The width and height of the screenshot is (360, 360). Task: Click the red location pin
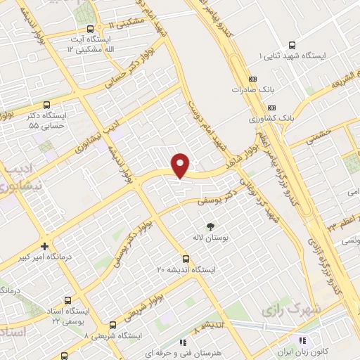tap(181, 165)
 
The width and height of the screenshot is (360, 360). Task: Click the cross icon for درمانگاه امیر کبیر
tap(45, 247)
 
